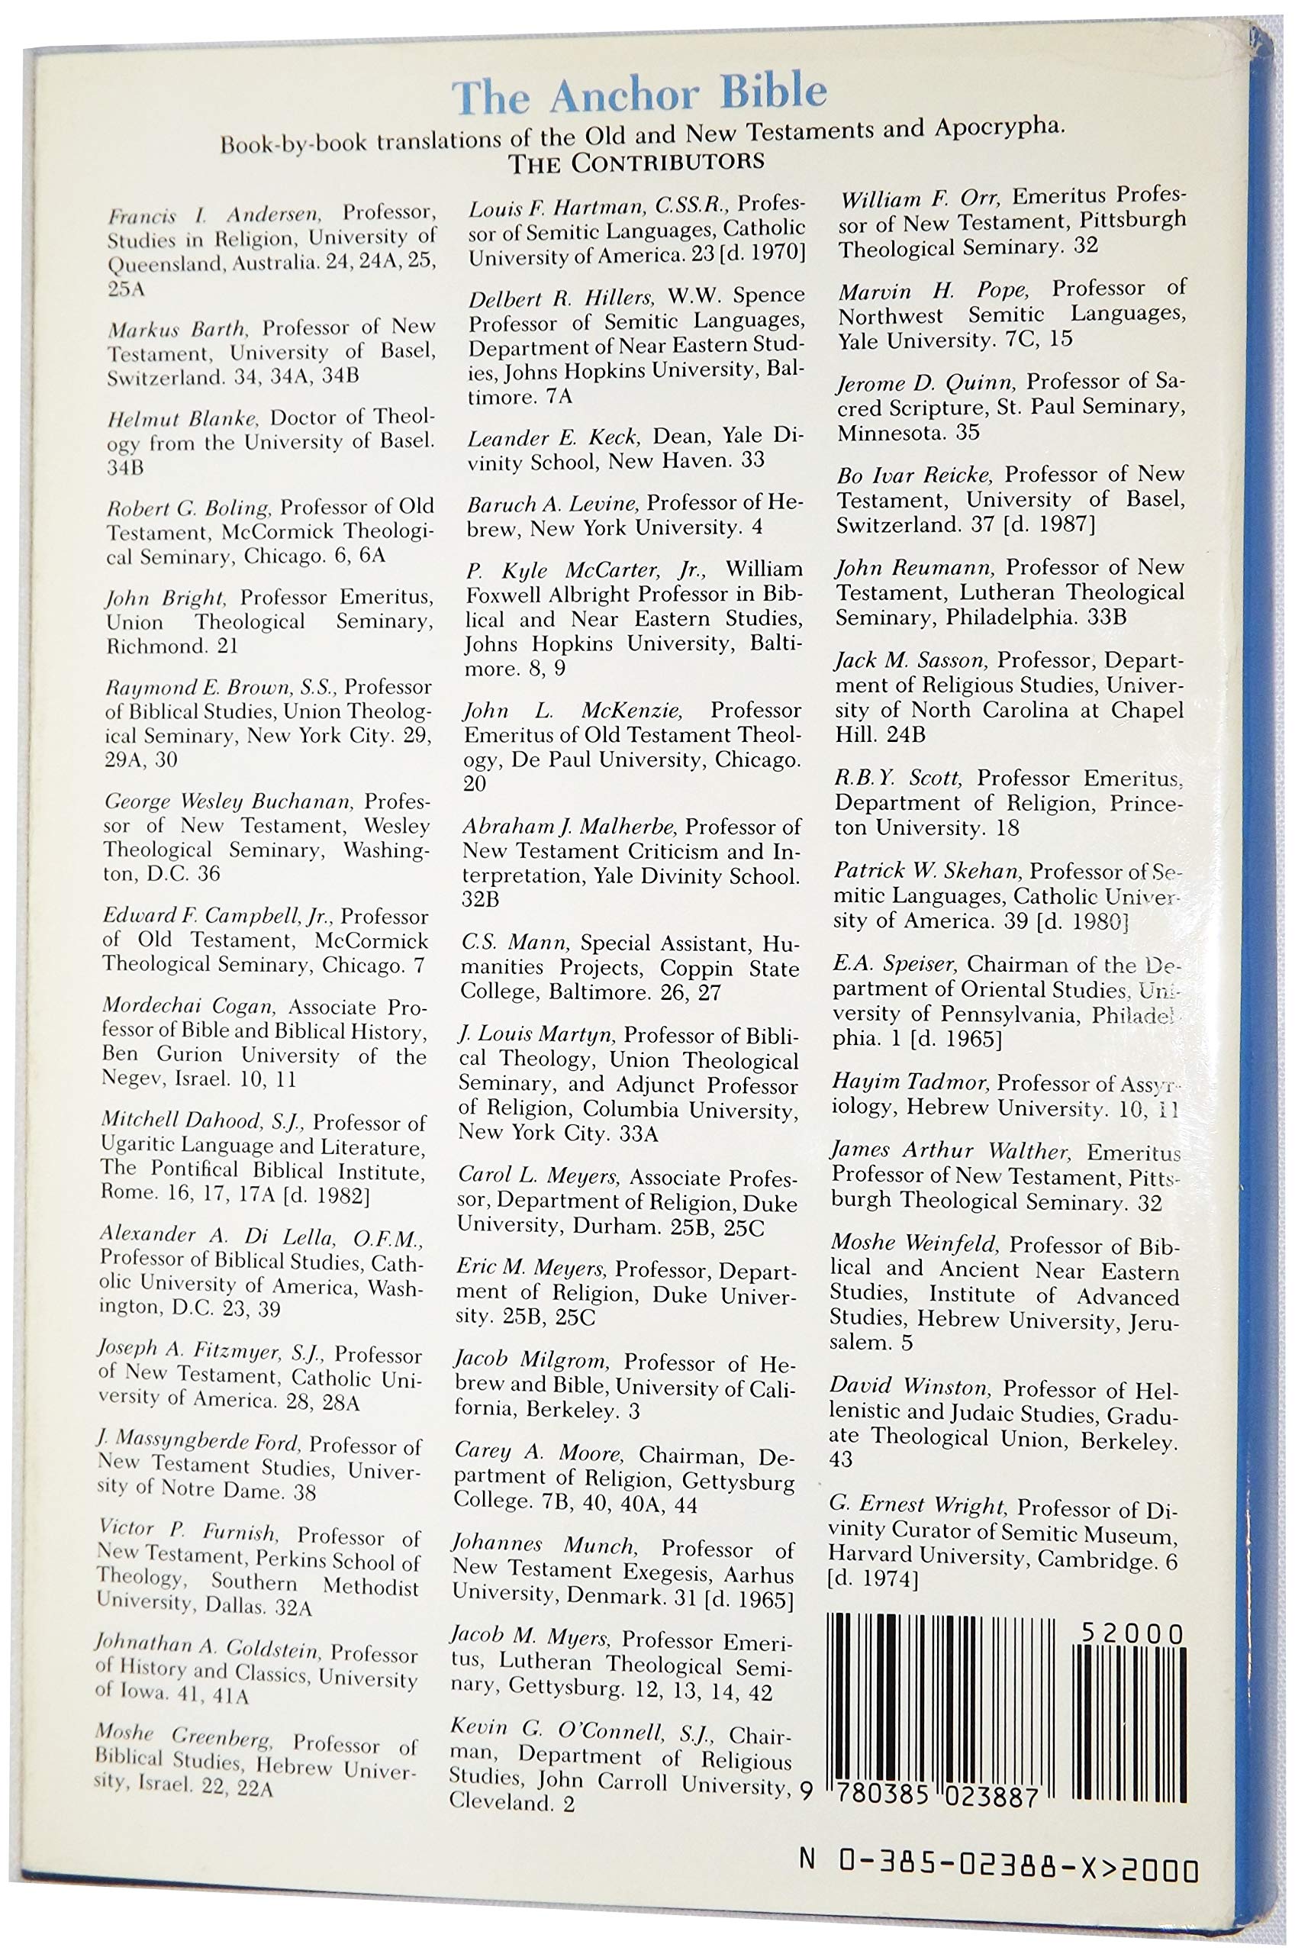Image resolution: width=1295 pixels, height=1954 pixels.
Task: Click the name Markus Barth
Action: click(x=176, y=329)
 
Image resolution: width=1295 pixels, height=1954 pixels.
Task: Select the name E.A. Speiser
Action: click(x=894, y=964)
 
